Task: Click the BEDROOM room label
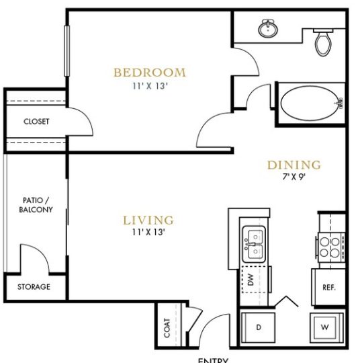pos(149,73)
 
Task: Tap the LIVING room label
pos(148,220)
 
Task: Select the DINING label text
pos(294,165)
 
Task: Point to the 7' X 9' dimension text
pos(294,177)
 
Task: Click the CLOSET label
pos(36,122)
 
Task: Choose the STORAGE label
pos(34,286)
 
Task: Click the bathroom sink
pos(269,28)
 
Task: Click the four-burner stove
pos(330,247)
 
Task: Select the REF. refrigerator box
pos(328,286)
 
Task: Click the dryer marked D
pos(258,327)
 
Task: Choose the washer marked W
pos(326,327)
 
